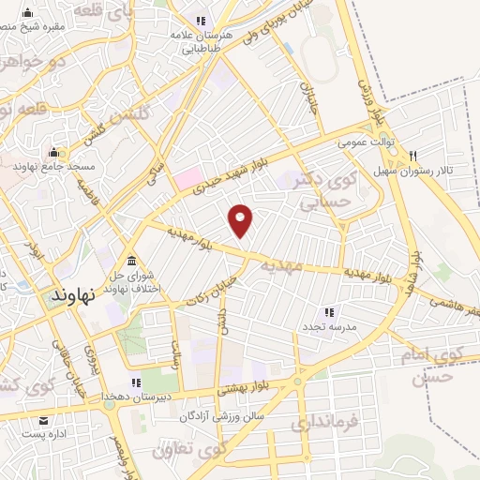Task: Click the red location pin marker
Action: [x=242, y=220]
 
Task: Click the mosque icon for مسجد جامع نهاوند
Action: [x=53, y=152]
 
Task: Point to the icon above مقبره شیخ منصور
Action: [x=27, y=14]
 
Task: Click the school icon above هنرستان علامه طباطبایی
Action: [x=200, y=21]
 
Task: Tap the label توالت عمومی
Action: [x=365, y=142]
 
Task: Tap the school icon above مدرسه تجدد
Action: [x=328, y=311]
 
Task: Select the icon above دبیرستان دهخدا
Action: [x=136, y=382]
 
